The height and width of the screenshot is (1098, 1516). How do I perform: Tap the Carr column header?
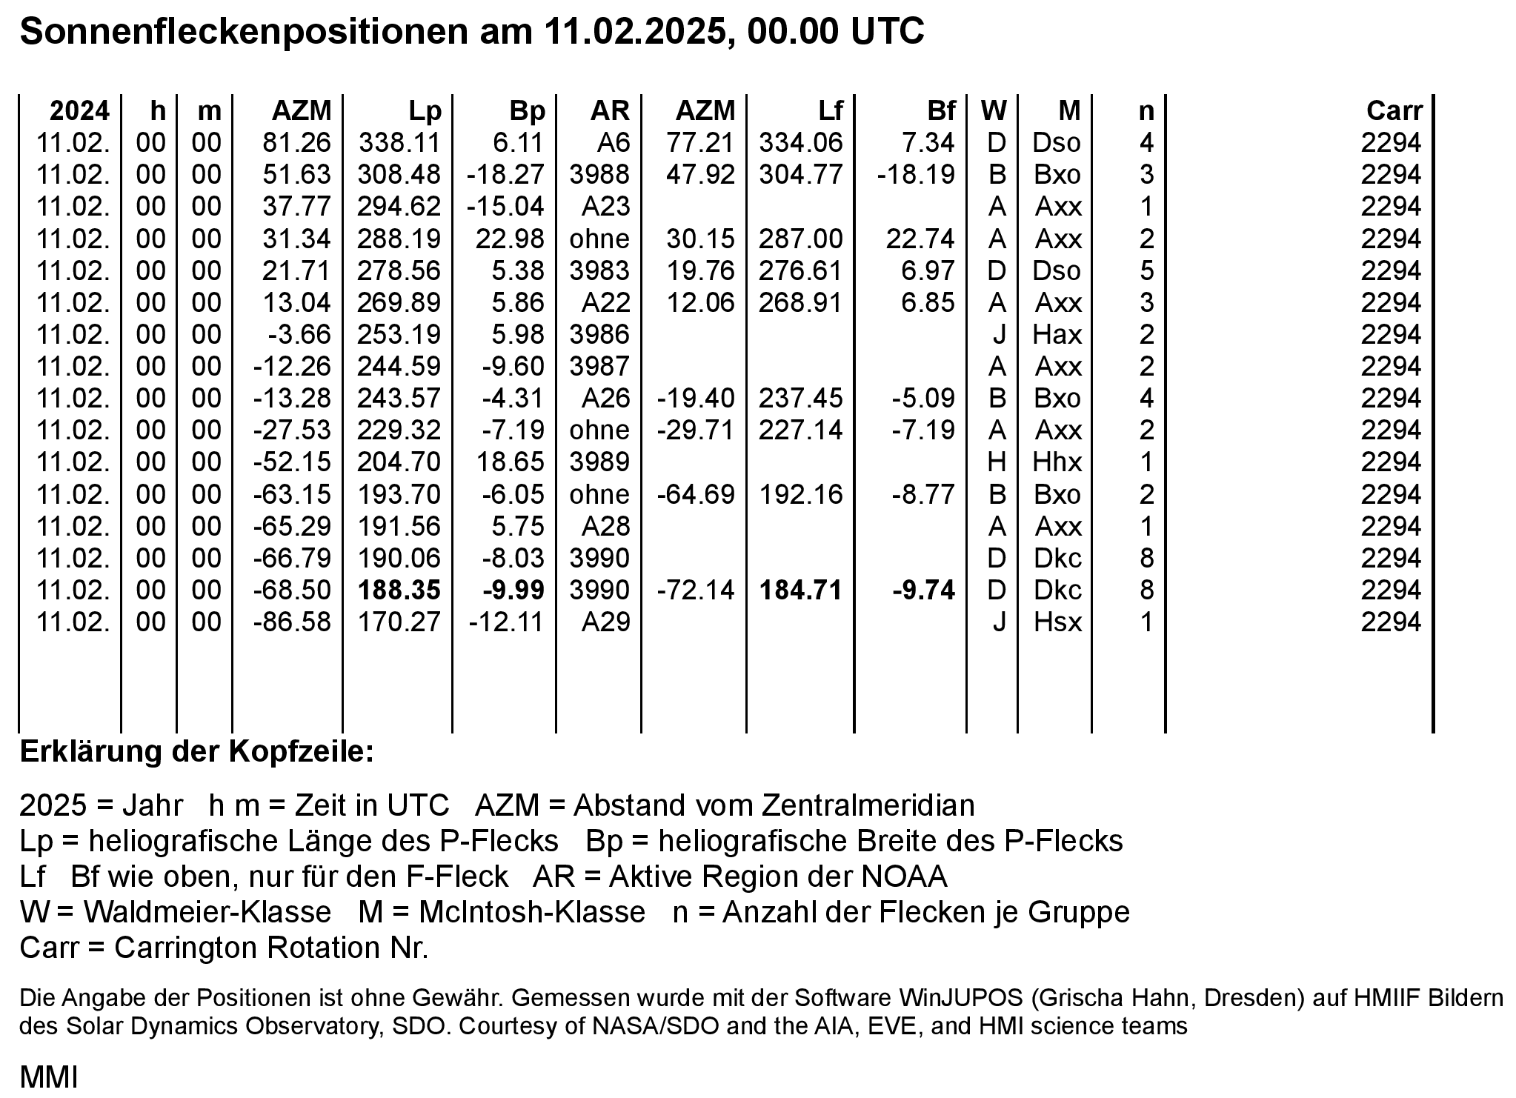point(1394,111)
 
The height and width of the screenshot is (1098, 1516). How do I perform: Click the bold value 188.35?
point(399,590)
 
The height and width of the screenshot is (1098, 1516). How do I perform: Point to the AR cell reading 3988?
point(599,175)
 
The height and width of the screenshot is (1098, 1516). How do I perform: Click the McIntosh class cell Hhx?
point(1057,462)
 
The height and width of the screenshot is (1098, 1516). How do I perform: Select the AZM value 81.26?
point(297,143)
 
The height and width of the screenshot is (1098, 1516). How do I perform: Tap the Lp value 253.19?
point(399,335)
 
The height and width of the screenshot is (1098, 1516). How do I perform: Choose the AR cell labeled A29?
point(605,622)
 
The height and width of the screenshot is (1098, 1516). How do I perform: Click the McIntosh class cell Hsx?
point(1057,622)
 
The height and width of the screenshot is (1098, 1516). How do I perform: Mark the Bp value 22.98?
point(508,239)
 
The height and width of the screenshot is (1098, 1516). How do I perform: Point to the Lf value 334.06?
point(801,143)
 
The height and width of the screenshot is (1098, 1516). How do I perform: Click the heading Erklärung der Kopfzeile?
point(197,752)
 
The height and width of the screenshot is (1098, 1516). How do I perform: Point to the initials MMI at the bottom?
point(49,1077)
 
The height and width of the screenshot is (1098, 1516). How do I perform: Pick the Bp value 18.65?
point(511,462)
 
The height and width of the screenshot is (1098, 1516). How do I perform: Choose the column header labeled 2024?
point(79,111)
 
